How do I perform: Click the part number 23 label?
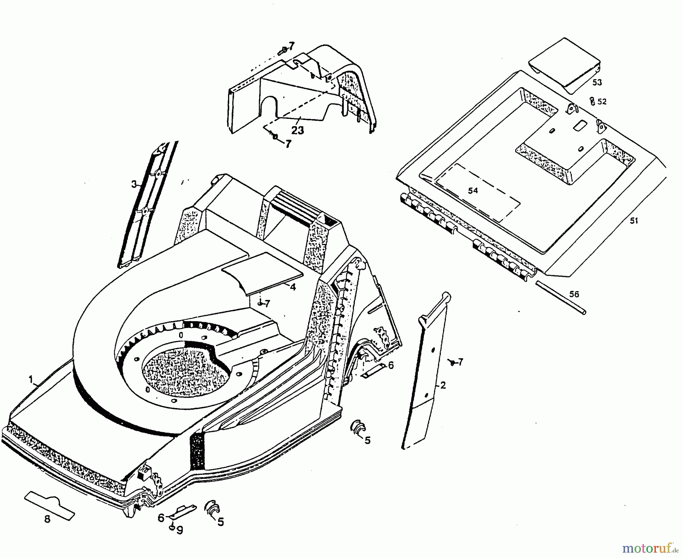298,130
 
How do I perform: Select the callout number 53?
597,82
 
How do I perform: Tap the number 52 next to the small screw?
602,102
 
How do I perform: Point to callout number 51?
634,221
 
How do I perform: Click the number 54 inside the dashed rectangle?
472,191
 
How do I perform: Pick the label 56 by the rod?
574,294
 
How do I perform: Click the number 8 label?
47,519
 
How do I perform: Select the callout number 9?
179,530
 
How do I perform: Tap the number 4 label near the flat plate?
292,287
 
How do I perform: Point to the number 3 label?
134,184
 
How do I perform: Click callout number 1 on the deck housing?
31,379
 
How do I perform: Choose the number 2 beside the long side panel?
443,385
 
